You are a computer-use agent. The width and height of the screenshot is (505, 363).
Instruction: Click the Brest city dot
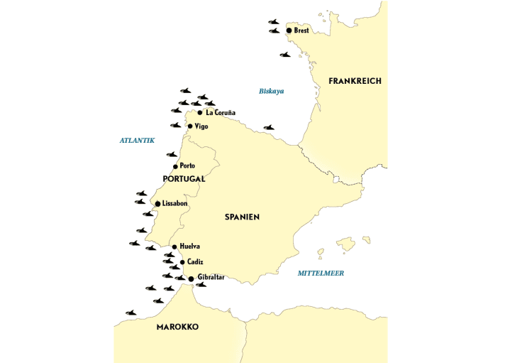[x=289, y=31]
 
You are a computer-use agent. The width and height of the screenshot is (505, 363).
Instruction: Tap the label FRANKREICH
[x=355, y=81]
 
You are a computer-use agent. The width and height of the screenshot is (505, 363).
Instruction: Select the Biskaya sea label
[x=271, y=91]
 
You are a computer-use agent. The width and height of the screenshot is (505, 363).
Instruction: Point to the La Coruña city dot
[x=200, y=112]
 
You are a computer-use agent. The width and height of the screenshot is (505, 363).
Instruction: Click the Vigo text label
[x=201, y=126]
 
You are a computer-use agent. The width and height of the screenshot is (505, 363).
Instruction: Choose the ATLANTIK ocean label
[x=137, y=141]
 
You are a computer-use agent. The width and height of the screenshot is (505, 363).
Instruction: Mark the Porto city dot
[x=175, y=166]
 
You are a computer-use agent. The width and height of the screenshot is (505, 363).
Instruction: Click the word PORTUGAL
[x=184, y=179]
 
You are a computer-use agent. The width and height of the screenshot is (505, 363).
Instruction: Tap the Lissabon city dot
[x=157, y=204]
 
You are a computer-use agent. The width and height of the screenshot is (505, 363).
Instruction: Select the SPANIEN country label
[x=243, y=217]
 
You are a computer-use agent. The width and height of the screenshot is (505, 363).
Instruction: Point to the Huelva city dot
[x=174, y=247]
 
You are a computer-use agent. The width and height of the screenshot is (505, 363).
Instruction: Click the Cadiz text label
[x=195, y=262]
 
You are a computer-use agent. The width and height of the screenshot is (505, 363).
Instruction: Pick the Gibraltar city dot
[x=191, y=278]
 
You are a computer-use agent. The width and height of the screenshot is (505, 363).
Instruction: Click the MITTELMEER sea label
[x=321, y=273]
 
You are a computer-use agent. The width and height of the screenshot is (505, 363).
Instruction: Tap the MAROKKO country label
[x=177, y=327]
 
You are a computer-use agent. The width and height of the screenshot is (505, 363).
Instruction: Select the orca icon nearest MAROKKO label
[x=131, y=313]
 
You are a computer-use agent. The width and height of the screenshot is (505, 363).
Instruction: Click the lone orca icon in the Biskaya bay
[x=269, y=128]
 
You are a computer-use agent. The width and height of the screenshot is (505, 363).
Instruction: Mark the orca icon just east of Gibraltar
[x=201, y=286]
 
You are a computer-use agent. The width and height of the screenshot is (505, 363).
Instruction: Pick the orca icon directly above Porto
[x=172, y=154]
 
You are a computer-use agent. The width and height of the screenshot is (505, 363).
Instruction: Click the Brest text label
[x=301, y=31]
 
